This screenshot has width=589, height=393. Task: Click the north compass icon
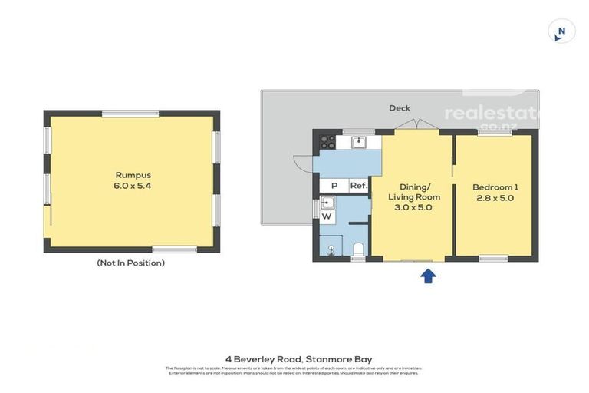tap(561, 31)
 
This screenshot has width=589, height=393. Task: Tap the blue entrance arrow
tap(428, 275)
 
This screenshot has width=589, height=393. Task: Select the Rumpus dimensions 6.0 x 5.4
tap(130, 186)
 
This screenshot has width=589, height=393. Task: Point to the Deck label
tap(400, 108)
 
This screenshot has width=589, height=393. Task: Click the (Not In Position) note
tap(130, 263)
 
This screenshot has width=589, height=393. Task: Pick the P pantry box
tap(334, 186)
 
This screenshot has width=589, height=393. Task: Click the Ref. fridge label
tap(358, 186)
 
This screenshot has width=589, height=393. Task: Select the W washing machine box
tap(327, 217)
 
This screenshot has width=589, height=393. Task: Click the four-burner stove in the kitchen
tap(327, 142)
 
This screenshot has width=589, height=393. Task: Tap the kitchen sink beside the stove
tap(357, 142)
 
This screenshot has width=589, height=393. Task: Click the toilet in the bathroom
tap(358, 247)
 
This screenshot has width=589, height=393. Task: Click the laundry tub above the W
tap(327, 203)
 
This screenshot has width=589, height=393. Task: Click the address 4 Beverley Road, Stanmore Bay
tap(294, 358)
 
